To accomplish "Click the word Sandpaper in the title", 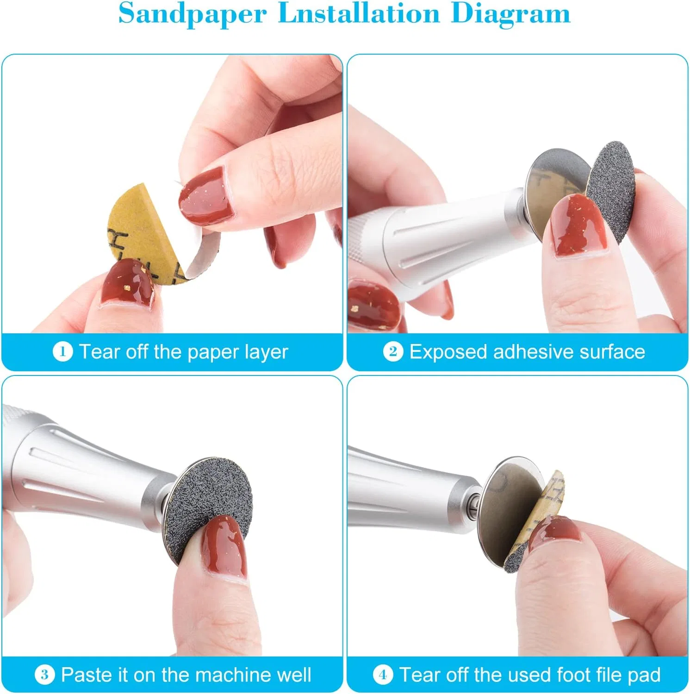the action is click(x=192, y=14).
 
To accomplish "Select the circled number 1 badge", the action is click(x=62, y=351).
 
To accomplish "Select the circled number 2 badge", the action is click(x=393, y=351).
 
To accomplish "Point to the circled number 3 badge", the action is click(x=44, y=674).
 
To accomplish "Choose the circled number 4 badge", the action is click(x=383, y=674).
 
